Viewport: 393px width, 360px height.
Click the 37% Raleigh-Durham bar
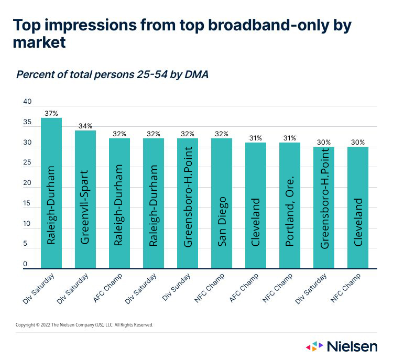click(x=51, y=194)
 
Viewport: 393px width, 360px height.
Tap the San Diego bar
click(x=222, y=204)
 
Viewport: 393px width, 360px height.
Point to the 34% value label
click(x=85, y=126)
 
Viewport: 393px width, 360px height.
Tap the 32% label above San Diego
click(x=222, y=134)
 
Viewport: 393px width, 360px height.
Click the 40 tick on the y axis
click(x=28, y=102)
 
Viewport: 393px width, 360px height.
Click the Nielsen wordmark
click(x=352, y=346)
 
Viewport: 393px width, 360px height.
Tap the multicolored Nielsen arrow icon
click(x=314, y=346)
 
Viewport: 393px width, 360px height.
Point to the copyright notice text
click(x=84, y=325)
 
